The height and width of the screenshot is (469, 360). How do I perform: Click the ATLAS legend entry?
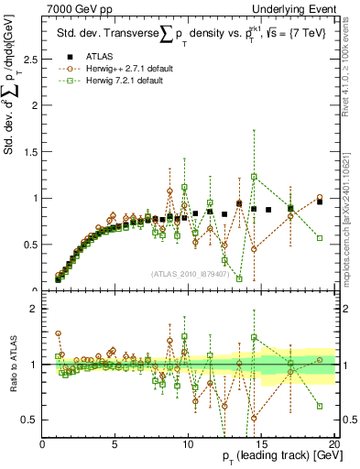[x=98, y=57]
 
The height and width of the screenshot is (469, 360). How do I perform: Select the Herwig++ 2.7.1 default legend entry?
[x=119, y=69]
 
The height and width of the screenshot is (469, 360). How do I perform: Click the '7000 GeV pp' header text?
[x=75, y=8]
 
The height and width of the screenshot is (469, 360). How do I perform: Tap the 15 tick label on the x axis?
[x=261, y=442]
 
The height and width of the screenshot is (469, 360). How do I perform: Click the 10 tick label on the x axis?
[x=189, y=442]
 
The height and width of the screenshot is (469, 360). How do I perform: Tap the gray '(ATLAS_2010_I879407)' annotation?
[x=189, y=273]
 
